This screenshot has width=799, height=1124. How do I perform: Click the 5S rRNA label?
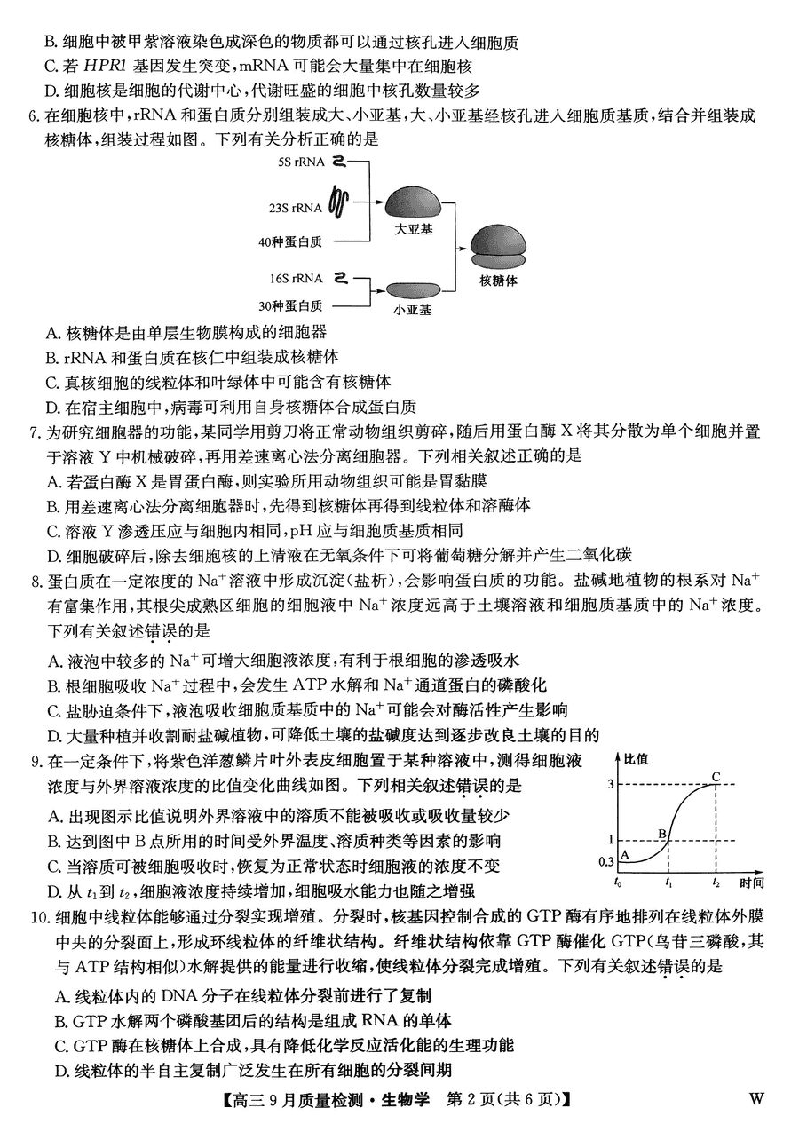(301, 162)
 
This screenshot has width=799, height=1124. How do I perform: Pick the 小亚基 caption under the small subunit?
(413, 310)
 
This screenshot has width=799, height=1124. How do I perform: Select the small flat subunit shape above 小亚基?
(413, 289)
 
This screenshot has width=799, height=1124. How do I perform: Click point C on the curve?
(714, 778)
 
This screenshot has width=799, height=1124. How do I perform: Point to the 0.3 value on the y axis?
(606, 861)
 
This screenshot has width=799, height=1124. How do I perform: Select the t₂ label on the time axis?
(716, 883)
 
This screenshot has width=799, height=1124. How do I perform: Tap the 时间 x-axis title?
(750, 883)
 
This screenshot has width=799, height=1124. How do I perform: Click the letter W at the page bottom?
(755, 1098)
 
